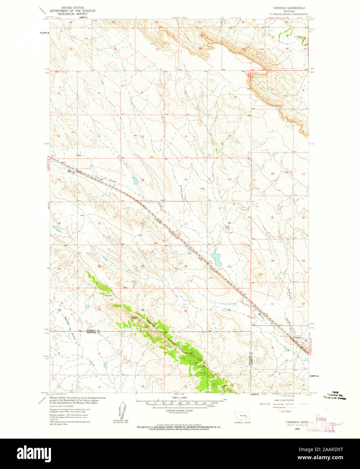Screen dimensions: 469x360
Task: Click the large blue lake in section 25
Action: tap(215, 257)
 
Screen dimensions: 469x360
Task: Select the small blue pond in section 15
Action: tap(135, 181)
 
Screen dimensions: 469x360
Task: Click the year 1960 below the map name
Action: tap(297, 429)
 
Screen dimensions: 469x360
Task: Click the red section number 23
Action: tap(186, 223)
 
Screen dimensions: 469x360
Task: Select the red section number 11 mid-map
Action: tap(186, 136)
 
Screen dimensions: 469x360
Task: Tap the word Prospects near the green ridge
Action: tap(108, 296)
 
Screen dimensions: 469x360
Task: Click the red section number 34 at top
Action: tap(200, 49)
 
